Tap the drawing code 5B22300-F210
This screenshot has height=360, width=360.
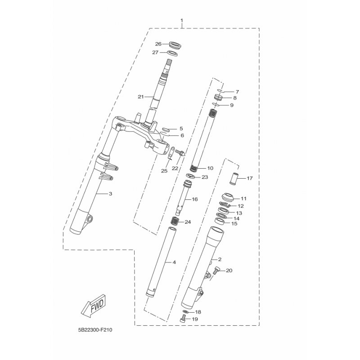(x=95, y=330)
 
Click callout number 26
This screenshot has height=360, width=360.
(x=158, y=44)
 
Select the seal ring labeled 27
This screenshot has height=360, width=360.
(x=172, y=54)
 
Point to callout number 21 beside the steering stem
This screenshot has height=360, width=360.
(x=141, y=97)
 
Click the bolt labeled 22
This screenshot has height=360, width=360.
(x=180, y=153)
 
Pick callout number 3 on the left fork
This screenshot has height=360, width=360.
(x=110, y=194)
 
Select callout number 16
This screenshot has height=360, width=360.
(x=194, y=199)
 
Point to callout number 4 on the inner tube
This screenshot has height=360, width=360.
(x=174, y=262)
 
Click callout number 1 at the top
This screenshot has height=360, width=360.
(x=182, y=20)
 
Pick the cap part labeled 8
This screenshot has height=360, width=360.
(x=219, y=97)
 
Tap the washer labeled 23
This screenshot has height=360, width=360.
(x=190, y=176)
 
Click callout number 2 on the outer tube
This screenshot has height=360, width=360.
(x=220, y=260)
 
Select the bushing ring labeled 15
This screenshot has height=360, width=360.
(x=220, y=221)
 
